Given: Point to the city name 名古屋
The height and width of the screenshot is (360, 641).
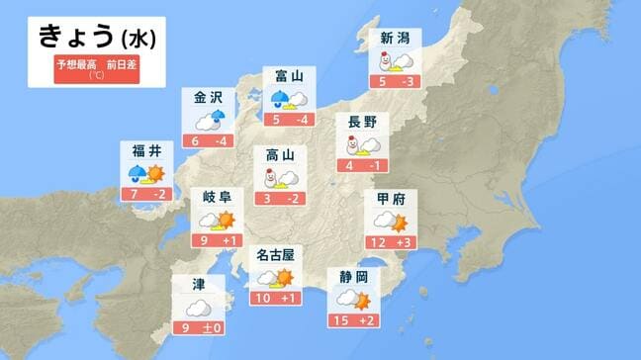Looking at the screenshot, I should (x=274, y=255).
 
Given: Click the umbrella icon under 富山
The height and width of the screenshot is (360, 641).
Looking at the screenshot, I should (x=282, y=97).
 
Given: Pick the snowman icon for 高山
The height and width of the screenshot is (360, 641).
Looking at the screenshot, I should (x=267, y=178).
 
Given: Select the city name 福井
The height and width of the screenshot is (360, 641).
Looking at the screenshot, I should (x=146, y=151).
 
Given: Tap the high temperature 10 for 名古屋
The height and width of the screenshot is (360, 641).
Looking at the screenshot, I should (x=262, y=298).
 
